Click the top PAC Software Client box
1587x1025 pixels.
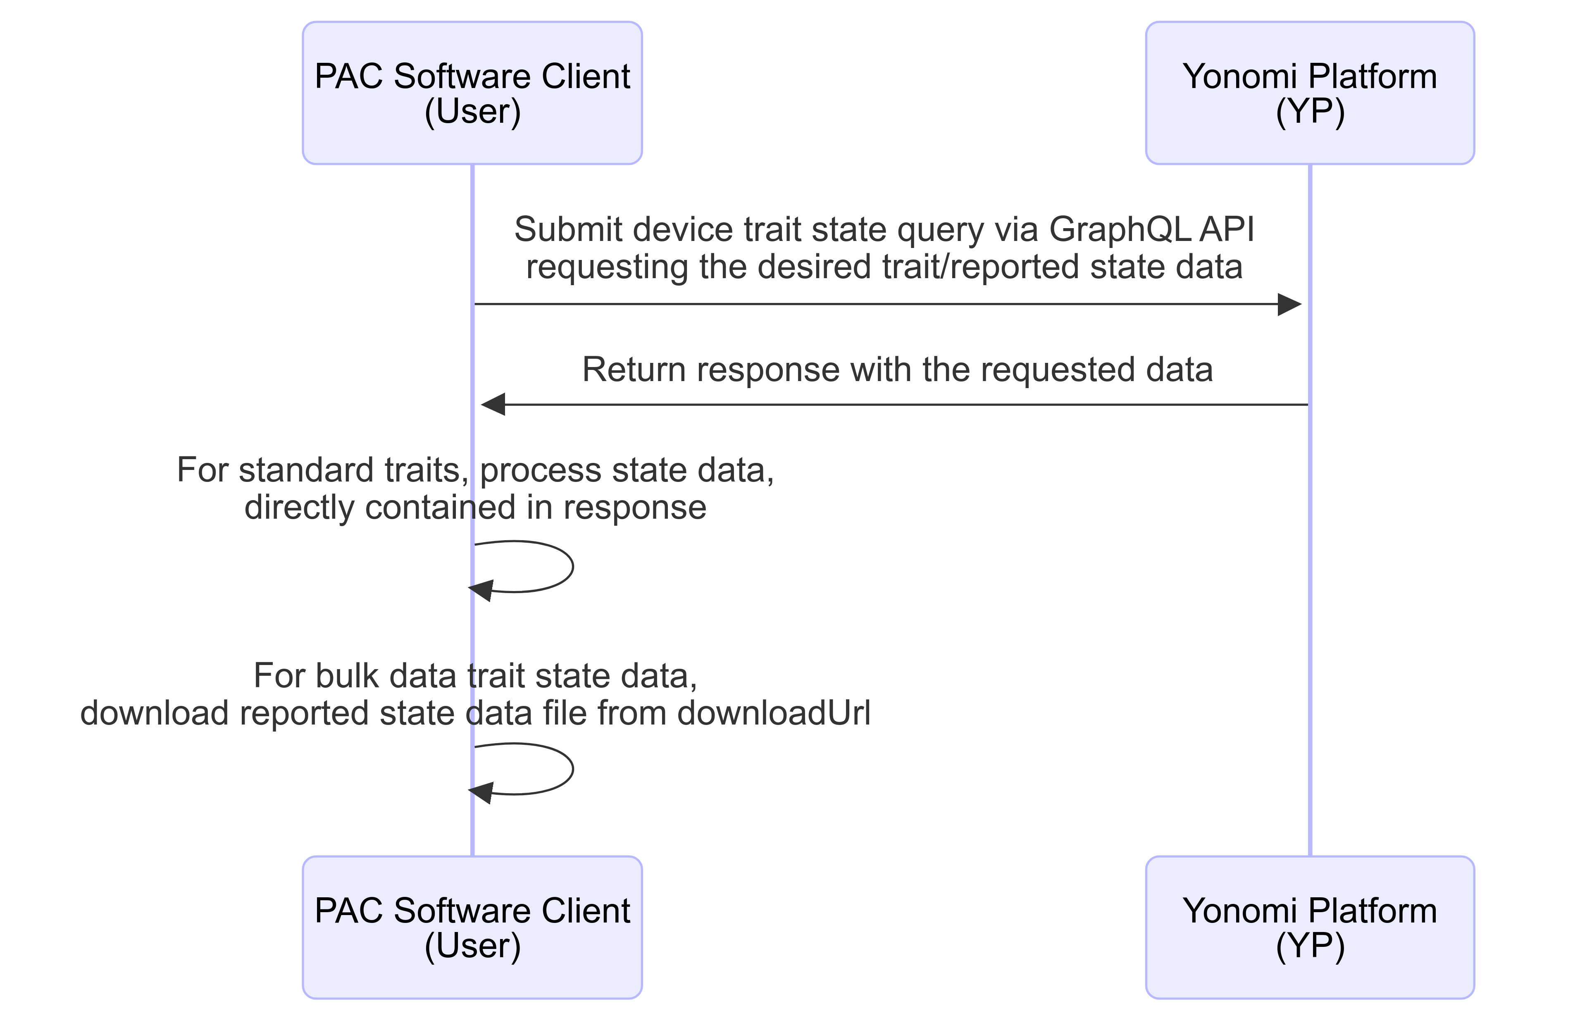472,93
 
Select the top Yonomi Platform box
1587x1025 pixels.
1310,93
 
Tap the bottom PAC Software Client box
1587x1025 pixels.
472,927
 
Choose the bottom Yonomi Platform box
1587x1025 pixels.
1310,927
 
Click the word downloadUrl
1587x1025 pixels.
774,713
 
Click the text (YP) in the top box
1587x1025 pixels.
1310,112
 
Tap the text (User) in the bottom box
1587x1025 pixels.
472,946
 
